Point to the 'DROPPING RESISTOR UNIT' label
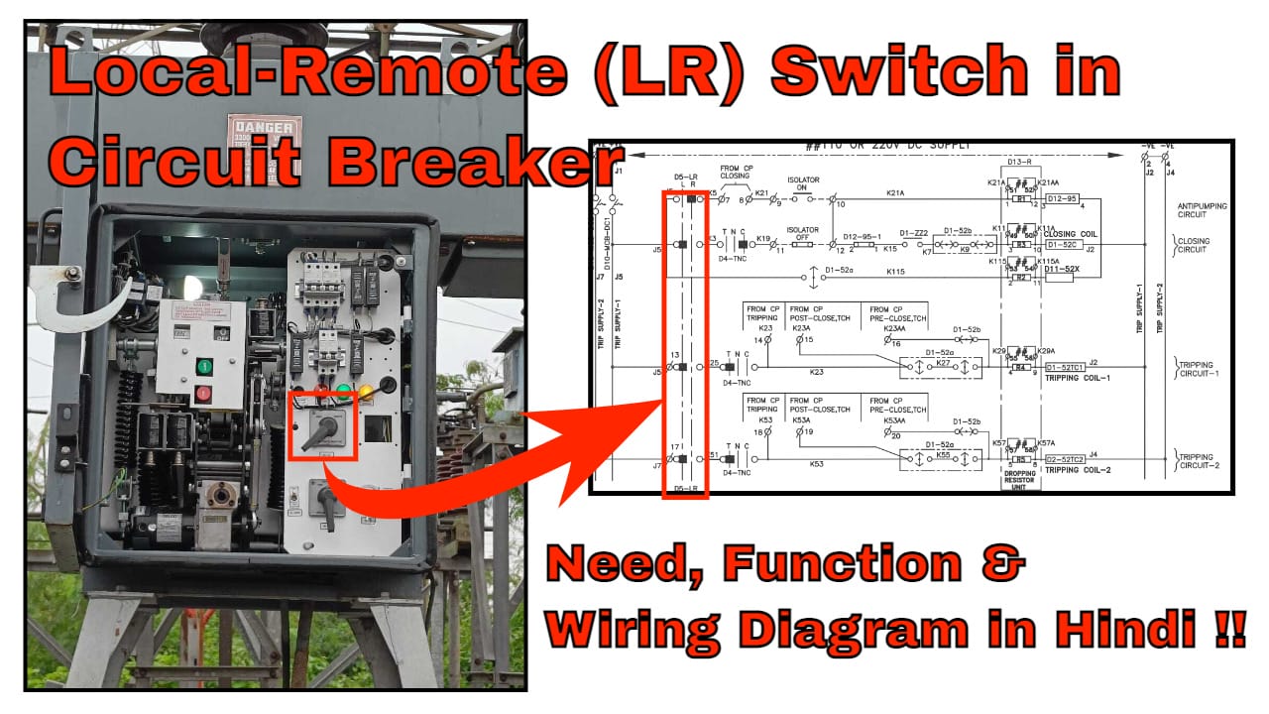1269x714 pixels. pos(1021,480)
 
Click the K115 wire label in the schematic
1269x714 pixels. pos(895,271)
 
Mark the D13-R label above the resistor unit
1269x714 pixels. pos(1020,162)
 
